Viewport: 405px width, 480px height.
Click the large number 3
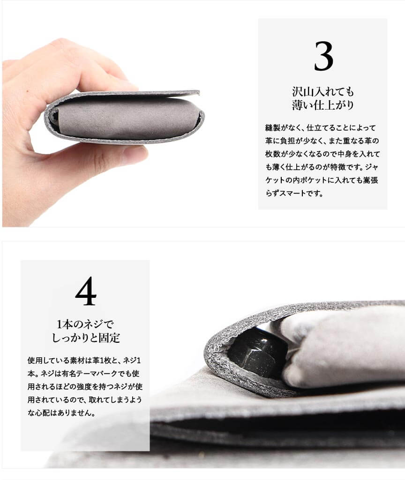point(323,56)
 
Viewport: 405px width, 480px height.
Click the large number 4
point(86,291)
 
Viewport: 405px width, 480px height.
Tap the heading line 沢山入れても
point(323,91)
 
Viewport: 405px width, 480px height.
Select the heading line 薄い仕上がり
point(323,105)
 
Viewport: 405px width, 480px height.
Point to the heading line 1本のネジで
point(85,324)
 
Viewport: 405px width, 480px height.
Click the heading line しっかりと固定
point(86,338)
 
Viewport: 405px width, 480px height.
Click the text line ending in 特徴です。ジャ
point(322,167)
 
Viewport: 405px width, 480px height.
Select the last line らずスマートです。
point(294,193)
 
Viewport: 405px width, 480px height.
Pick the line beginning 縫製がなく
point(321,127)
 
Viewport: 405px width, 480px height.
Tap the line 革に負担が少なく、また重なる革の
point(322,140)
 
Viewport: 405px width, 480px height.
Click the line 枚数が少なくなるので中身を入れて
point(322,154)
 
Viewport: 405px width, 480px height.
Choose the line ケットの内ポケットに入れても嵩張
point(322,180)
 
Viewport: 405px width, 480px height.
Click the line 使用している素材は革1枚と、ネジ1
point(84,360)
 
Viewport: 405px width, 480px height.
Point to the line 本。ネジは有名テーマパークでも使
point(83,374)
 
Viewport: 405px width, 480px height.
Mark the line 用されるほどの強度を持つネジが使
point(85,387)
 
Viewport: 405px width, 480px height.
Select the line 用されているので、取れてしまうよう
point(84,400)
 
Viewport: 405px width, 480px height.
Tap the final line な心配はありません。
point(61,413)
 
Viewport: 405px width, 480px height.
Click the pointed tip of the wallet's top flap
point(199,92)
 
